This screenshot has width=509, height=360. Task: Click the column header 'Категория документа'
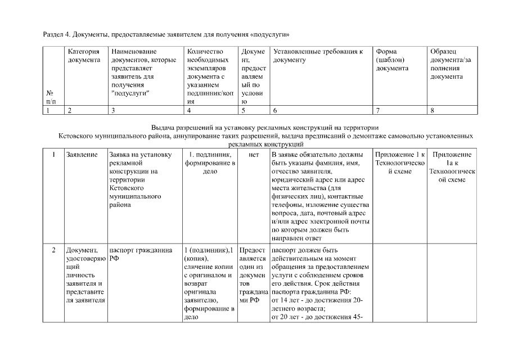[84, 56]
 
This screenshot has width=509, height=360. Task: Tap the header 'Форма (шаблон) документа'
[392, 60]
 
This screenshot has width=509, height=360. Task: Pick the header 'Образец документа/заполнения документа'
[451, 64]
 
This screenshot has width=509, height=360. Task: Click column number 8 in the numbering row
[432, 111]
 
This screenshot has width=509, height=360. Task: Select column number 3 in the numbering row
[114, 111]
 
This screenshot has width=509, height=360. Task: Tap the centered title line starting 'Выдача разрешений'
[266, 128]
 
